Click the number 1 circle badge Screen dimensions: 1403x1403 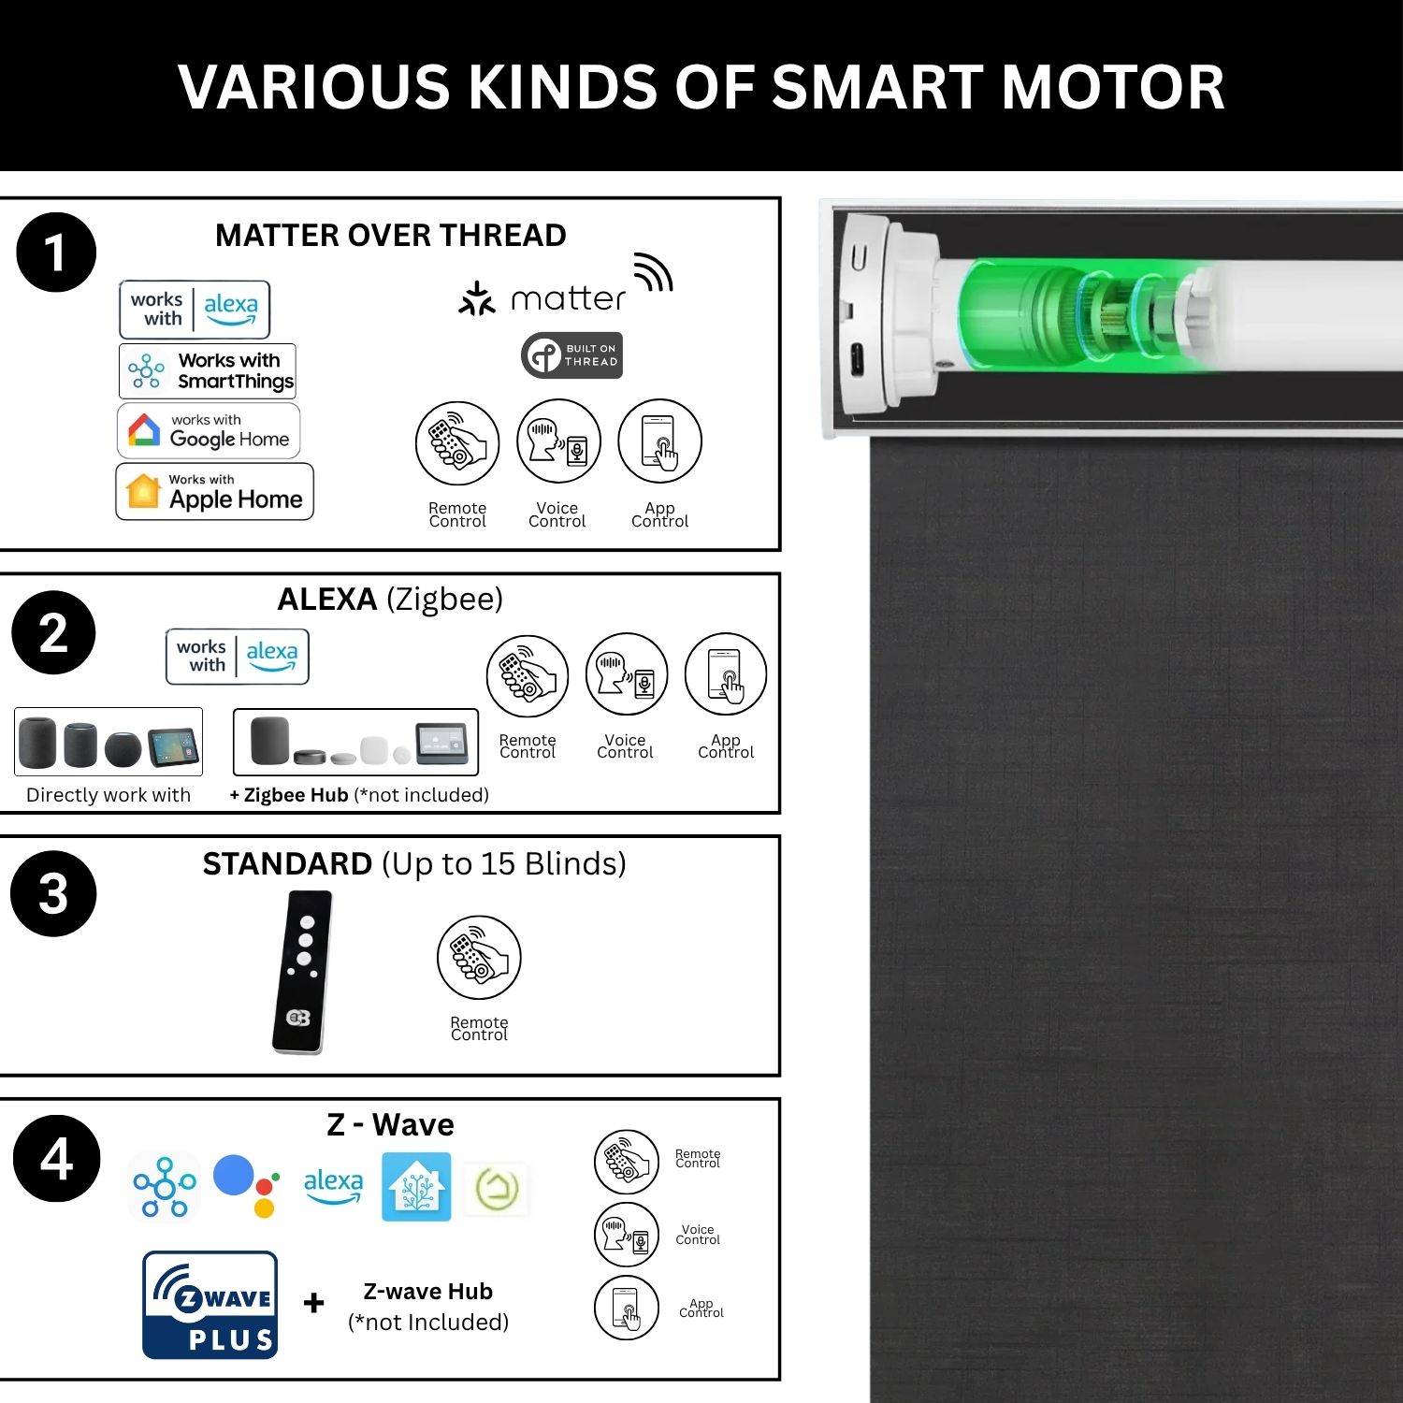tap(56, 253)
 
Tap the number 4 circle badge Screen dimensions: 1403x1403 tap(56, 1158)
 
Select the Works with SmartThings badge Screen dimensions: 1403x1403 tap(208, 370)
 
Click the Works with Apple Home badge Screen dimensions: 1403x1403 tap(214, 492)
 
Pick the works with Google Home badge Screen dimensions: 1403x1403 tap(209, 430)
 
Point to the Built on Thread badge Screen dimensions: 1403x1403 tap(571, 355)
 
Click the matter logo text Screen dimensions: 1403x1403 tap(568, 299)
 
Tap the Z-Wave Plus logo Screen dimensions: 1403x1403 tap(210, 1305)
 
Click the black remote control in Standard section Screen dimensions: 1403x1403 tap(302, 972)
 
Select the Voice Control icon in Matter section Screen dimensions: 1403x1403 tap(558, 441)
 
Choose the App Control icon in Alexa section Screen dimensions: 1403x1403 tap(726, 675)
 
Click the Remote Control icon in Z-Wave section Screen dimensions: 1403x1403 tap(627, 1162)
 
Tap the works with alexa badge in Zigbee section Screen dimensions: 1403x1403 tap(238, 657)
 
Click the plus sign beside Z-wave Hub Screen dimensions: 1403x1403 tap(314, 1302)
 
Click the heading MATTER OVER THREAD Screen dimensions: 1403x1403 tap(391, 235)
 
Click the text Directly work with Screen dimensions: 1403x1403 tap(108, 795)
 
